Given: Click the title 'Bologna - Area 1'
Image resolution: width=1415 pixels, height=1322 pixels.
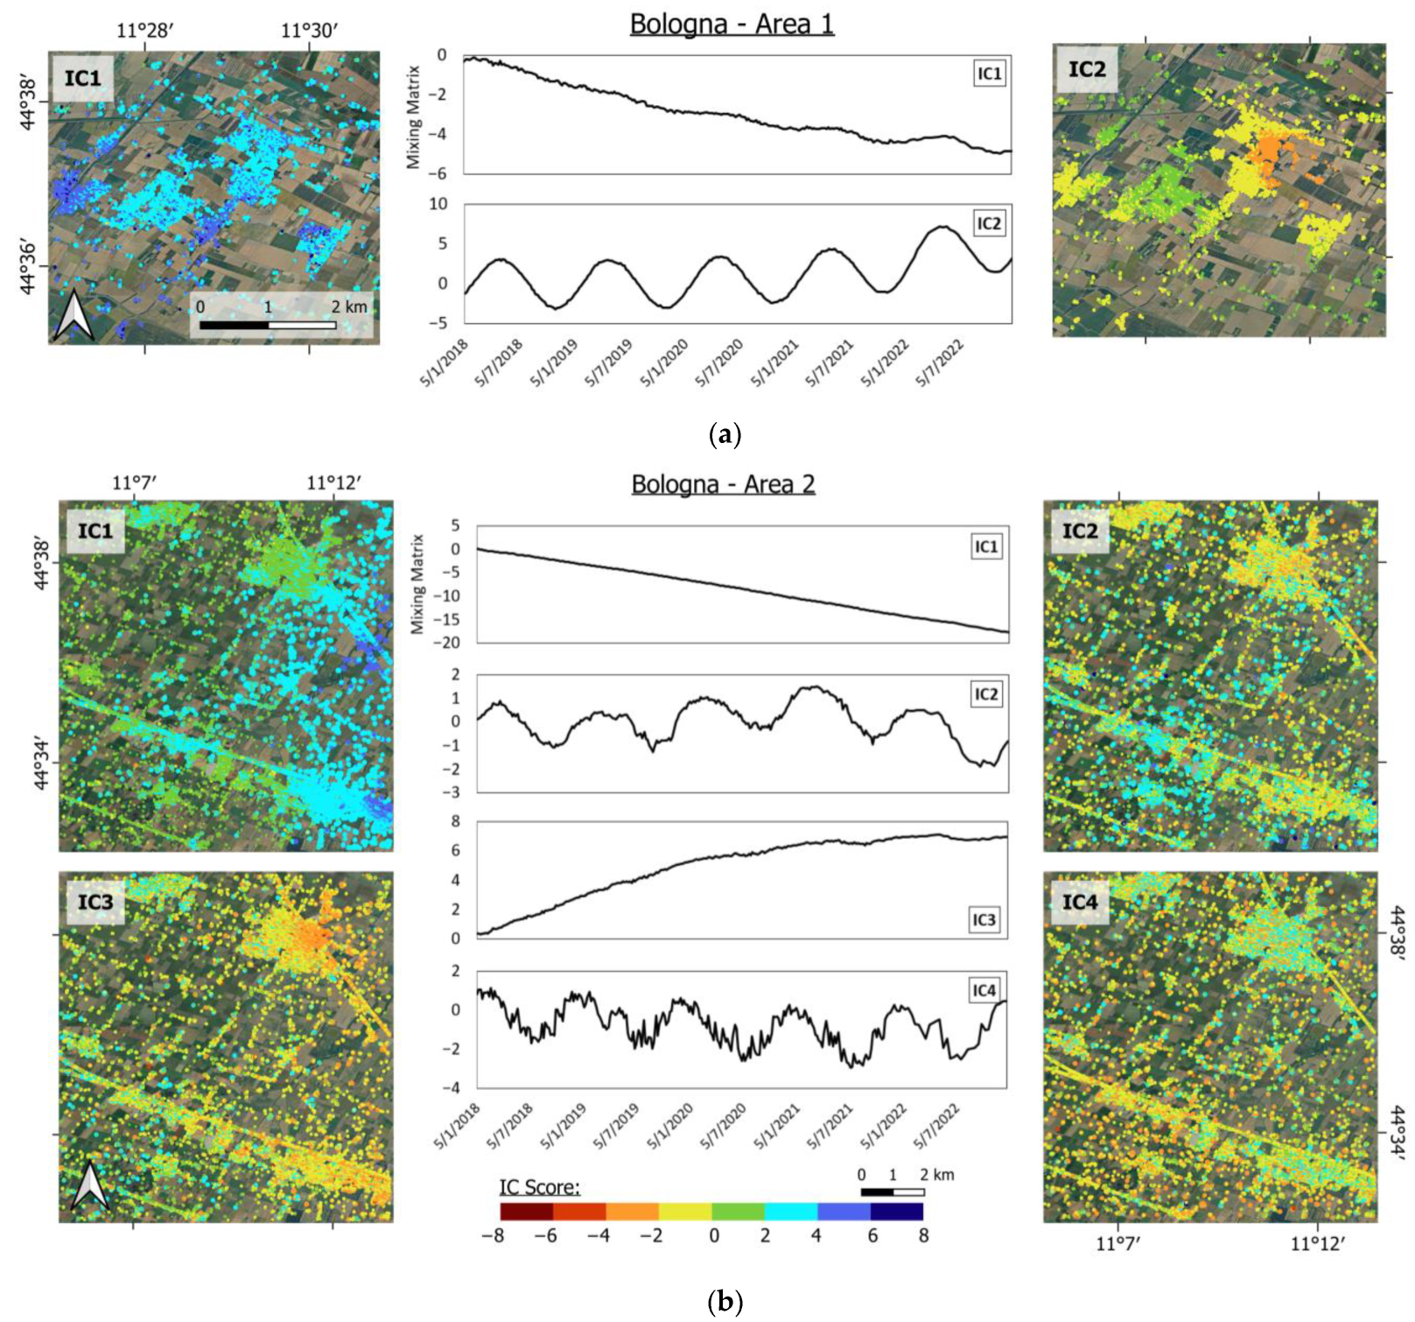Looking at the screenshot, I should click(x=732, y=24).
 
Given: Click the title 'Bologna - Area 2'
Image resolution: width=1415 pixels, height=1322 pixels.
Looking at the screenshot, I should click(x=723, y=484).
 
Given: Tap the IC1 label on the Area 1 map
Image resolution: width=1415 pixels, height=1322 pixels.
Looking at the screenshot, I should click(x=82, y=78).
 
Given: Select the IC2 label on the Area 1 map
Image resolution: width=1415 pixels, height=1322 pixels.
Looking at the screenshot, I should click(x=1086, y=69).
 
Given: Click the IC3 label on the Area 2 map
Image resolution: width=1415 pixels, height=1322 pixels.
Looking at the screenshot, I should click(x=95, y=902).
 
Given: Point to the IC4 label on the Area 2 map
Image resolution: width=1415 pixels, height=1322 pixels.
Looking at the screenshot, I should click(x=1079, y=902).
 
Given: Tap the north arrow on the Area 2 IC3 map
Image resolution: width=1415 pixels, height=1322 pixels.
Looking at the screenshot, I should click(x=91, y=1186).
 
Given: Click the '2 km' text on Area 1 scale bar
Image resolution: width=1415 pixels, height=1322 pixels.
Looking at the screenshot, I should click(x=349, y=306).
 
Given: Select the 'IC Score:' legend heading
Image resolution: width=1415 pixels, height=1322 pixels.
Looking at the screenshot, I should click(x=539, y=1187).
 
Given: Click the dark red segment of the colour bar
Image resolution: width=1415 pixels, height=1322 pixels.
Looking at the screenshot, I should click(x=526, y=1212).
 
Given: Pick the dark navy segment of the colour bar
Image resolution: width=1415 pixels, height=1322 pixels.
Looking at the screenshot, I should click(x=896, y=1212).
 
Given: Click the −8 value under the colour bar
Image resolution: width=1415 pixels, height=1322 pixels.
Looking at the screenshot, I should click(x=493, y=1236).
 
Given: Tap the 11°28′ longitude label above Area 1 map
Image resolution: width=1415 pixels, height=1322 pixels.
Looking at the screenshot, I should click(x=145, y=32).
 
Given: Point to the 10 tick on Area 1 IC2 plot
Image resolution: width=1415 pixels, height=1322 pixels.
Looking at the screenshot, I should click(x=438, y=204).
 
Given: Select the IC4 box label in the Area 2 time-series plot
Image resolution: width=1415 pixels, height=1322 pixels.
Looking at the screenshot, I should click(x=984, y=990).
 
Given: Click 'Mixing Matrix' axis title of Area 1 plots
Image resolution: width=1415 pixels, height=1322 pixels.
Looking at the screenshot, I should click(x=414, y=117).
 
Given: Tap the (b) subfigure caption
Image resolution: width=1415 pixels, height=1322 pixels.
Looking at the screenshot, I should click(x=724, y=1302).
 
